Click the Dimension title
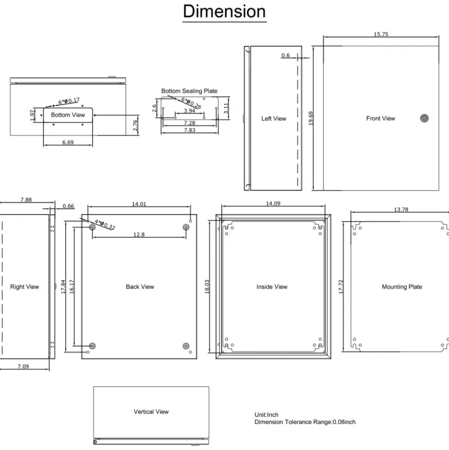[224, 12]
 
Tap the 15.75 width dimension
[381, 34]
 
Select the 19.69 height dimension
[311, 118]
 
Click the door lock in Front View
[424, 118]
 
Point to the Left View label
[274, 119]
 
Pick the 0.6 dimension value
[285, 55]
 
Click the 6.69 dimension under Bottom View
[68, 142]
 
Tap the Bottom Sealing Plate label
[189, 91]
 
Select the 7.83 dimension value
[189, 130]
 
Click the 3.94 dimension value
[189, 110]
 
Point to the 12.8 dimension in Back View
[139, 235]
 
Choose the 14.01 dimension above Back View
[139, 204]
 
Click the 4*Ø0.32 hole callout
[105, 225]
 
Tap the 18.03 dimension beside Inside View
[207, 287]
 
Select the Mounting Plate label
[402, 287]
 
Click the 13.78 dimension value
[401, 209]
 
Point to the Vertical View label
[151, 412]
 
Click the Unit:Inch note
[266, 415]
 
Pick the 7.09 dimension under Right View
[23, 366]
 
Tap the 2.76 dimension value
[135, 126]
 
